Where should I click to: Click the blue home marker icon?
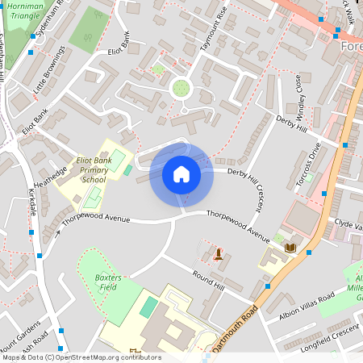tap(181, 175)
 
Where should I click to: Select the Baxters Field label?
tap(107, 282)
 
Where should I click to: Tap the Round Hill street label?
tap(208, 282)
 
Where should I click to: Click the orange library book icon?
tap(290, 247)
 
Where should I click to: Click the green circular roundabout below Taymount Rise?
tap(181, 87)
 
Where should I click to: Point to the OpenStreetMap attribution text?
tap(81, 357)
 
